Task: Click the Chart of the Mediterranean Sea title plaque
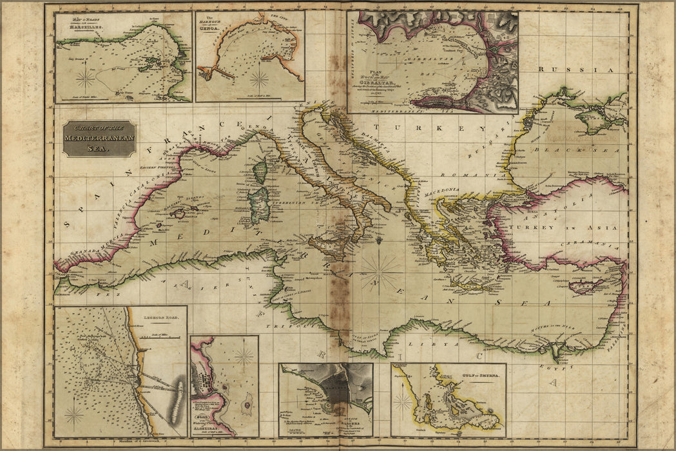99,139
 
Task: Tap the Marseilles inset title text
76,26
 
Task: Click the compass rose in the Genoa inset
260,79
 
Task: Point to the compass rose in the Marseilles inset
85,79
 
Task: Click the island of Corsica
260,171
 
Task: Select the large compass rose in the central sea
380,273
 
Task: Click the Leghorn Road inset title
166,318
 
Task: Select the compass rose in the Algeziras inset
244,356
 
